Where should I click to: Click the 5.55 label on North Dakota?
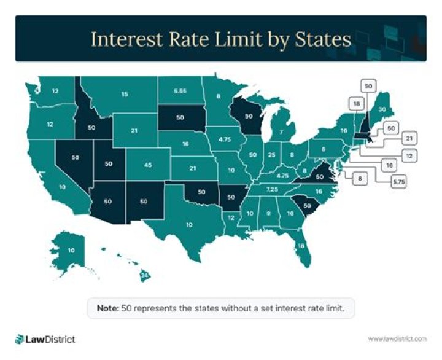pos(180,91)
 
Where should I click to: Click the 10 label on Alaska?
pos(71,250)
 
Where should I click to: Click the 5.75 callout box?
pos(400,182)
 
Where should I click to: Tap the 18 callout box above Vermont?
pos(357,104)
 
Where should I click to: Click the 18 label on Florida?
pos(301,246)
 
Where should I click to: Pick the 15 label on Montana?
pos(125,94)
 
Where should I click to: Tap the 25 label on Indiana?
pos(271,155)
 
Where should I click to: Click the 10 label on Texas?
pos(189,224)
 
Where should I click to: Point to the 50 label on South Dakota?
pos(180,117)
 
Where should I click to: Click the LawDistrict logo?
pos(45,338)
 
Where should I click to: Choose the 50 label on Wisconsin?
pos(249,115)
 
